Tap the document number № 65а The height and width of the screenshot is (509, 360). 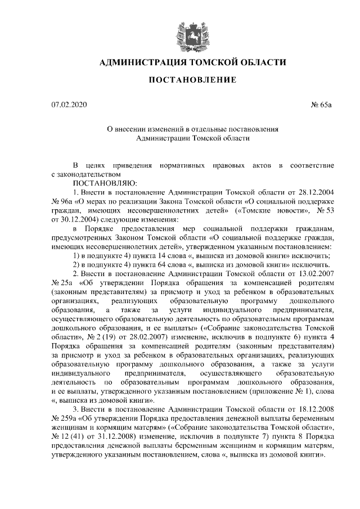coord(322,105)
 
